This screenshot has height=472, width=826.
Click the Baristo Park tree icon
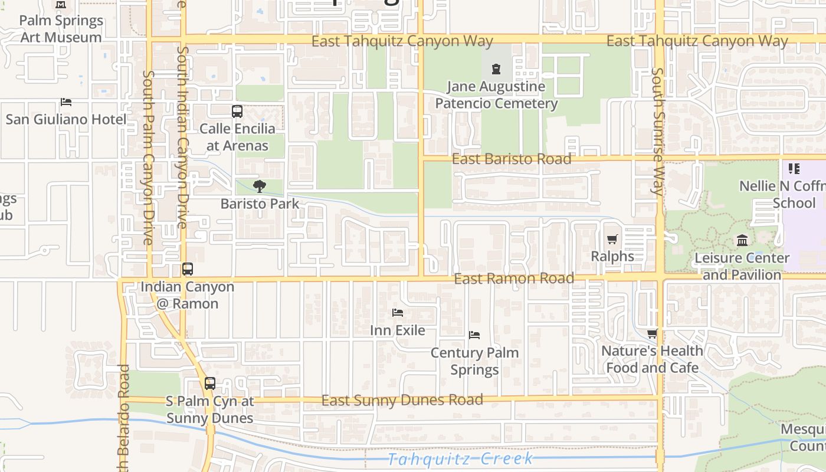tap(259, 186)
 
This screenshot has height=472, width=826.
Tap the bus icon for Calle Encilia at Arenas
tap(237, 111)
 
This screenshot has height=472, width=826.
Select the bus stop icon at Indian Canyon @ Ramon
tap(188, 269)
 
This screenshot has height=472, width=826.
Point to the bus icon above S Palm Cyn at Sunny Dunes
tap(210, 383)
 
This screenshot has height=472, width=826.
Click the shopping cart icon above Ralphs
tap(612, 239)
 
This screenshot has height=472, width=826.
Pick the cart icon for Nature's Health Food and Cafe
tap(652, 334)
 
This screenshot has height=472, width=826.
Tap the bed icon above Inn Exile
tap(398, 313)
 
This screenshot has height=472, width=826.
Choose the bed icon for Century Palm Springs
tap(474, 335)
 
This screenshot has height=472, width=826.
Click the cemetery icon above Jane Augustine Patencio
tap(496, 69)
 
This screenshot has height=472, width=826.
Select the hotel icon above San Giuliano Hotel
tap(66, 102)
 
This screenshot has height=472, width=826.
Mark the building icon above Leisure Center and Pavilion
tap(742, 241)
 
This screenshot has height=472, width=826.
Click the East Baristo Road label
tap(512, 159)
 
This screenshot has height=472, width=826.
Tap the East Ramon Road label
tap(514, 278)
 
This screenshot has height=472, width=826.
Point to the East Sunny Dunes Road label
tap(402, 400)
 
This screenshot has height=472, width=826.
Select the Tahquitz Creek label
tap(461, 458)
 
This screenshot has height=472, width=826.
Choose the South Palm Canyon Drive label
tap(148, 158)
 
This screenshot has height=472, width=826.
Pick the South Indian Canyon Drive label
tap(182, 137)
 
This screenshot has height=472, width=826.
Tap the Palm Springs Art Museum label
tap(61, 29)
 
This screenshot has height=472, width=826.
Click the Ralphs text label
tap(612, 257)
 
